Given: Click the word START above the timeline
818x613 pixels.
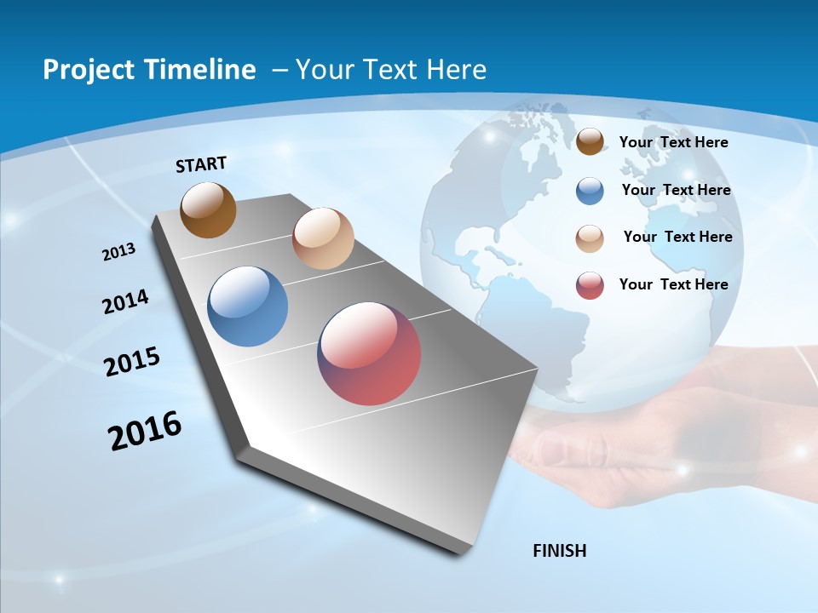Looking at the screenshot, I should point(201,164).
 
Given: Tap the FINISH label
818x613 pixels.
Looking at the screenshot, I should point(559,551).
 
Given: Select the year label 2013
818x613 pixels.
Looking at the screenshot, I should point(118,252).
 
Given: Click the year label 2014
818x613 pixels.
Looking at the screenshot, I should point(125,301).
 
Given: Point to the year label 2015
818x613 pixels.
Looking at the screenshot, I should point(132,361).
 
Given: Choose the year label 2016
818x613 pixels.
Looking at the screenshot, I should point(145,431).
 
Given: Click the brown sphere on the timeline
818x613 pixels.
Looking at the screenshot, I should point(208,209).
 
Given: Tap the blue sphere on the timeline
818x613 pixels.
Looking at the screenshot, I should point(247,306).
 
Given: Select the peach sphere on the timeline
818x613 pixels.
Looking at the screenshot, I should point(323,238).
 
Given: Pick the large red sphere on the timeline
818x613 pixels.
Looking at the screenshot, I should point(369,353).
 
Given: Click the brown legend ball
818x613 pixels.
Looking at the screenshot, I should point(590,142).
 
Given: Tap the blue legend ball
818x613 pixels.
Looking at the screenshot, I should point(590,191).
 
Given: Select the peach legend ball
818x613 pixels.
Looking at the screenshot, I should point(590,238).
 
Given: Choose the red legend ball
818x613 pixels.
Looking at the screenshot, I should point(590,285).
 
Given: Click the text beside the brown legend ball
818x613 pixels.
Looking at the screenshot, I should point(673,142).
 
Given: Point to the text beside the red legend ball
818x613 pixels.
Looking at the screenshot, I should point(673,284).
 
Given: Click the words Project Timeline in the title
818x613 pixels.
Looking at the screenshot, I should point(149,70).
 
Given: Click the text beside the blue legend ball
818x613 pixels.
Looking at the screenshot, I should point(676,190).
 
